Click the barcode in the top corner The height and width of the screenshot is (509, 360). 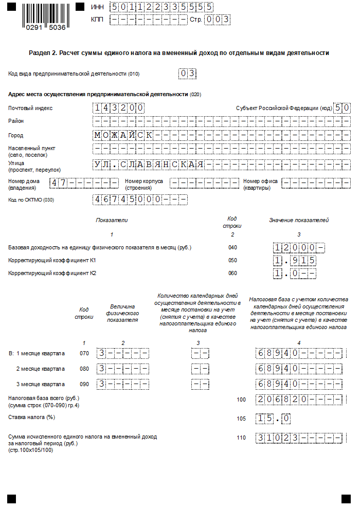point(46,16)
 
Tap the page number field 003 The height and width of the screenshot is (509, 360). point(217,20)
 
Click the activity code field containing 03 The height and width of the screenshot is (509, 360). point(188,74)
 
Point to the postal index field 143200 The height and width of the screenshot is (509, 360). point(118,108)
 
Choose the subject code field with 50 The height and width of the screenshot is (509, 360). point(342,108)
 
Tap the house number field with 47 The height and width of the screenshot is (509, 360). point(84,183)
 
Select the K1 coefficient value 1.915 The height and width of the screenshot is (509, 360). point(295,261)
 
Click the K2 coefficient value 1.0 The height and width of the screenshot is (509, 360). point(295,274)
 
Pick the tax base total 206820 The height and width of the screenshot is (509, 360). point(299,399)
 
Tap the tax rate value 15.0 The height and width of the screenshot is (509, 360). point(274,419)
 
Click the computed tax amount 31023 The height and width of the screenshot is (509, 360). point(299,438)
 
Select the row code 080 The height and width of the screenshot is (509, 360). point(84,369)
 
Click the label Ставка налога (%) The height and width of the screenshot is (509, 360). point(31,417)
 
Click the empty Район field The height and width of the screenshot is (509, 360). point(221,121)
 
